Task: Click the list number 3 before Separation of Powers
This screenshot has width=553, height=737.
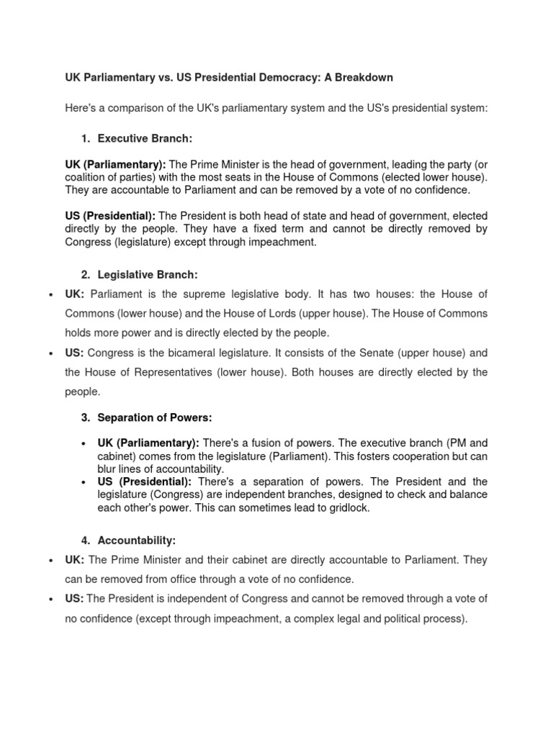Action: (84, 417)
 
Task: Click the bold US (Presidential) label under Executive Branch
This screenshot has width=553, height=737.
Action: (110, 216)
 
